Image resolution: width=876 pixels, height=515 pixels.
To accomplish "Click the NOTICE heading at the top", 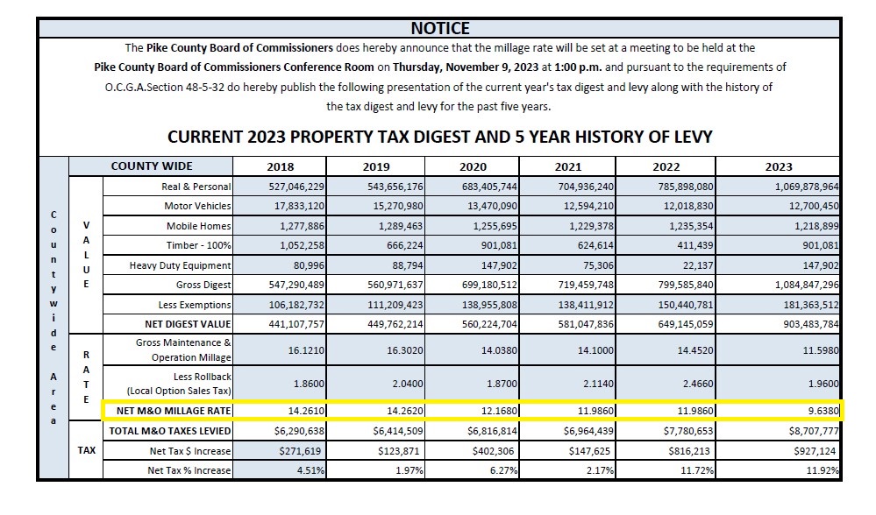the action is tap(440, 28).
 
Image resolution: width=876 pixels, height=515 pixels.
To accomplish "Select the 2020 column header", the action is tap(473, 166).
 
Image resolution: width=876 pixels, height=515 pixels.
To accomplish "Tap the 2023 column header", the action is tap(779, 166).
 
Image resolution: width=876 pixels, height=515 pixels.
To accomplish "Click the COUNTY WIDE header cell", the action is tap(152, 166).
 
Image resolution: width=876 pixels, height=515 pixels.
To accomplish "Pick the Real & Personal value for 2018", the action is tap(296, 187).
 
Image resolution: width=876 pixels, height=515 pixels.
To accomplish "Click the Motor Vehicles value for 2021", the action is tap(586, 206).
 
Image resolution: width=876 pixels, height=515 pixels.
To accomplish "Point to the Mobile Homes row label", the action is tap(198, 226).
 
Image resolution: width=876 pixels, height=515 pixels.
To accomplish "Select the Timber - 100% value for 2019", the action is tap(404, 245).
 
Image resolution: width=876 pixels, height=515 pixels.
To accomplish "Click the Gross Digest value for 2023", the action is tap(806, 285).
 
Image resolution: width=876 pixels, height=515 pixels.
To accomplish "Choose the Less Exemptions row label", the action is tap(195, 305).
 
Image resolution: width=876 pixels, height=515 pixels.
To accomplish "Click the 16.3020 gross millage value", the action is tap(405, 350).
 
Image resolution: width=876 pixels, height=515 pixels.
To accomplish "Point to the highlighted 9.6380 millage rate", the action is tap(823, 411).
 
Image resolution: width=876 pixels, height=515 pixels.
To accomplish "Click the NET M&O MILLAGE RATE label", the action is tap(174, 411).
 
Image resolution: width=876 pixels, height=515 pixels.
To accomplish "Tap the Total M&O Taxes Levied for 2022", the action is tap(689, 431).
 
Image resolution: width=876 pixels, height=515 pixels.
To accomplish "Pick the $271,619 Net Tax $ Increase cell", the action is tap(302, 451).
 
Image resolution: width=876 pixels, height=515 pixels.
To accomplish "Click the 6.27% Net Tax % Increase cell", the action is tap(504, 470).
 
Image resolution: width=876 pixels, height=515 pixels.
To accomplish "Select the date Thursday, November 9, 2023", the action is tap(466, 67).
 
